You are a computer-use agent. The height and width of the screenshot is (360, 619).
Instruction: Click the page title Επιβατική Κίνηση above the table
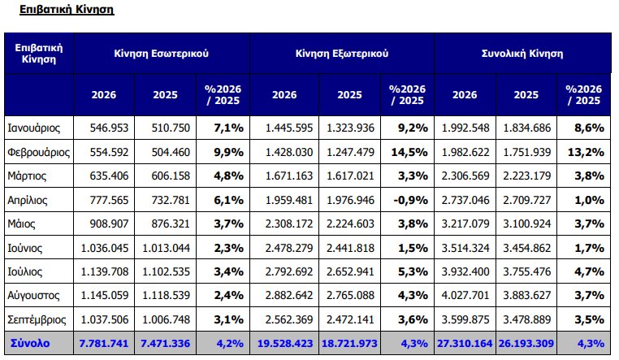point(67,10)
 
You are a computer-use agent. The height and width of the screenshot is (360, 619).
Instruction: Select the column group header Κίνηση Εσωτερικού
point(161,54)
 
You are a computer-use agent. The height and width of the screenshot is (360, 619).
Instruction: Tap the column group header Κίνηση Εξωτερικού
point(342,54)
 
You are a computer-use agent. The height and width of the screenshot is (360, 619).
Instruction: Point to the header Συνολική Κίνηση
point(522,54)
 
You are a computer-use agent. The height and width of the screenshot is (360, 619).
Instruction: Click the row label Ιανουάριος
point(34,128)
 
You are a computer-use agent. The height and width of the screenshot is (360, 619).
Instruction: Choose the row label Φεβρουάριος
point(39,152)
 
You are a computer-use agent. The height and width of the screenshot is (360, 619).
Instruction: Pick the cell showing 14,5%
point(409,152)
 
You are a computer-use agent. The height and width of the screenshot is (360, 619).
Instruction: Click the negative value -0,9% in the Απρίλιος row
point(410,200)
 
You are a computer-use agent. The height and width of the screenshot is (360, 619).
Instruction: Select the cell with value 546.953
point(109,128)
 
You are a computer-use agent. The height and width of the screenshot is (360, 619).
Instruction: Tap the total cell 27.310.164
point(465,344)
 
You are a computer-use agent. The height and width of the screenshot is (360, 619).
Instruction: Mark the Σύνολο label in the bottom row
point(30,343)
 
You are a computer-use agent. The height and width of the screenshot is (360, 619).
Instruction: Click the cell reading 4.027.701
point(465,295)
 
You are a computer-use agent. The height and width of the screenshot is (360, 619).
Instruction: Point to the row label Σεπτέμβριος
point(37,319)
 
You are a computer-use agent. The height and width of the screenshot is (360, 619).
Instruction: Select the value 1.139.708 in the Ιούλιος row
point(105,271)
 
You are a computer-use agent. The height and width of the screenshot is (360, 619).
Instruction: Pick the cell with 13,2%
point(586,152)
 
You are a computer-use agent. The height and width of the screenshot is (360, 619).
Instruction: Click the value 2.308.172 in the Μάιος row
point(289,223)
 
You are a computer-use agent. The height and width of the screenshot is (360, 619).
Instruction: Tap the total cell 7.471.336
point(166,344)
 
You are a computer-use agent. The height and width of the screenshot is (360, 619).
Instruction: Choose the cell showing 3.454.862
point(526,248)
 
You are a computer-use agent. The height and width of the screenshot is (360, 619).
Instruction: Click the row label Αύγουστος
point(33,296)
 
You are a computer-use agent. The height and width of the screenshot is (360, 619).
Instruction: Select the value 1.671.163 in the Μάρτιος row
point(289,176)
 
